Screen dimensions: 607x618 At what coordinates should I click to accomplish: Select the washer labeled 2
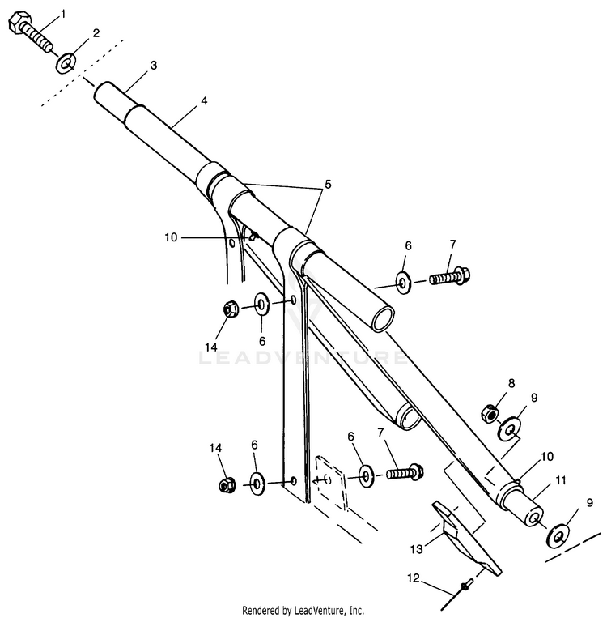point(66,62)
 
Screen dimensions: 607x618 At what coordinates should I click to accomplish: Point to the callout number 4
point(204,100)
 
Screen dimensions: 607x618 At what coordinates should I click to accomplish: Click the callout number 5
point(328,184)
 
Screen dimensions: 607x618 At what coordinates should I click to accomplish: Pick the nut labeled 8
point(489,413)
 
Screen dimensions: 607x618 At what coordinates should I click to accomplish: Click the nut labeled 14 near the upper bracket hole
point(228,309)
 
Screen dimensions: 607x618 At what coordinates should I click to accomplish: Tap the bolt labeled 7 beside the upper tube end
point(446,278)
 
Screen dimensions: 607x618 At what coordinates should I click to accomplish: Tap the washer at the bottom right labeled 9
point(558,535)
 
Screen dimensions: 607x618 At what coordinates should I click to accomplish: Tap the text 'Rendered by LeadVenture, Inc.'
point(303,609)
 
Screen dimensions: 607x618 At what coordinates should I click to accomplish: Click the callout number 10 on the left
point(170,238)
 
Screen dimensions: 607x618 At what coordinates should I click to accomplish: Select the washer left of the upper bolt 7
point(404,281)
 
